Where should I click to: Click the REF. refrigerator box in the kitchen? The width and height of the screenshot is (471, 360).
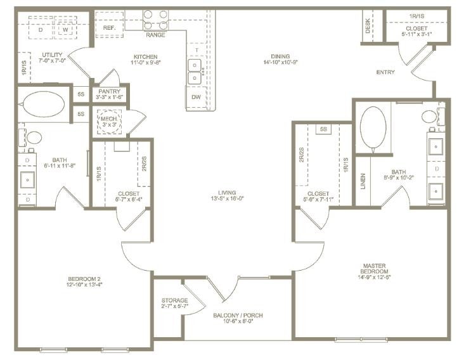109,27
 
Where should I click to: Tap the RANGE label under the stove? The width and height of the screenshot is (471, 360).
155,35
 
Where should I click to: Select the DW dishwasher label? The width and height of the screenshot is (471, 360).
196,97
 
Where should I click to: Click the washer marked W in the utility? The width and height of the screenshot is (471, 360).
65,29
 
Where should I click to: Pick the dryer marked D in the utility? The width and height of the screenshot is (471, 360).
41,29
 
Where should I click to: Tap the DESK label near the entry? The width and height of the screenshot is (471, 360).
368,26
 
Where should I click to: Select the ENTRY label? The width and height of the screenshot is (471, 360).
385,72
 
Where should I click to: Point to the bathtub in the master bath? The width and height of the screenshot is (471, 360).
373,129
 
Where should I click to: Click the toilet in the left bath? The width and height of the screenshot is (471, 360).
34,137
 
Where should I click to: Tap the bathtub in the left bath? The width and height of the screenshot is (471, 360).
44,104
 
